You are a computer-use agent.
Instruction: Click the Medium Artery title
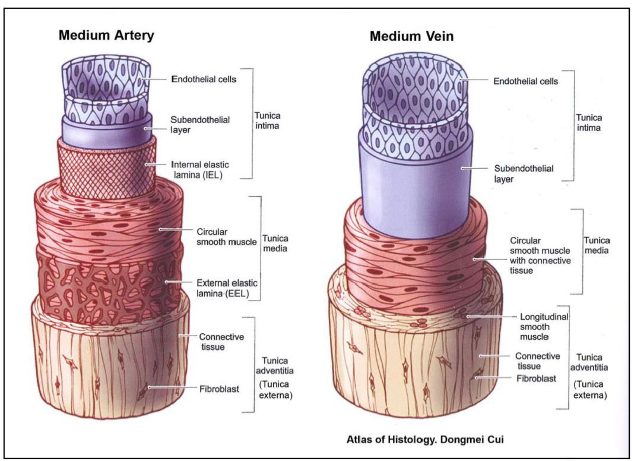(x=106, y=35)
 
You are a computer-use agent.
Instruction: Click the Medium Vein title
(x=411, y=36)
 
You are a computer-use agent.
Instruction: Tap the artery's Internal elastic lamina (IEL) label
(x=200, y=169)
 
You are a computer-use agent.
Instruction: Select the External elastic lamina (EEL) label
(x=227, y=288)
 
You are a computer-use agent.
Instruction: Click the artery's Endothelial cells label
(x=204, y=79)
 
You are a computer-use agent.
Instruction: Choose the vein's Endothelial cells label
(x=525, y=81)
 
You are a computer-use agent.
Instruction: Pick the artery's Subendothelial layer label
(x=200, y=125)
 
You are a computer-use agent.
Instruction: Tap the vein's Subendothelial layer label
(x=523, y=174)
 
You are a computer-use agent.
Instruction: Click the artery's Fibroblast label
(x=219, y=389)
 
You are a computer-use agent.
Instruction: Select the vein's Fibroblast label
(x=536, y=379)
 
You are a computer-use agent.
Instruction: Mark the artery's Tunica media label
(x=275, y=243)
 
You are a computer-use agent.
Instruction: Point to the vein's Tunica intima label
(x=588, y=122)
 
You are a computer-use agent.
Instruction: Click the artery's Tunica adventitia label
(x=274, y=366)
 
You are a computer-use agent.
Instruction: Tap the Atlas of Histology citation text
(x=425, y=439)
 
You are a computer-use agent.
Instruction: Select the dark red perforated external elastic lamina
(x=107, y=285)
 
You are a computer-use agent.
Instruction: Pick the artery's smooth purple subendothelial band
(x=106, y=131)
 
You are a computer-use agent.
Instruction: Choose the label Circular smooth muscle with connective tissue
(x=540, y=256)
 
